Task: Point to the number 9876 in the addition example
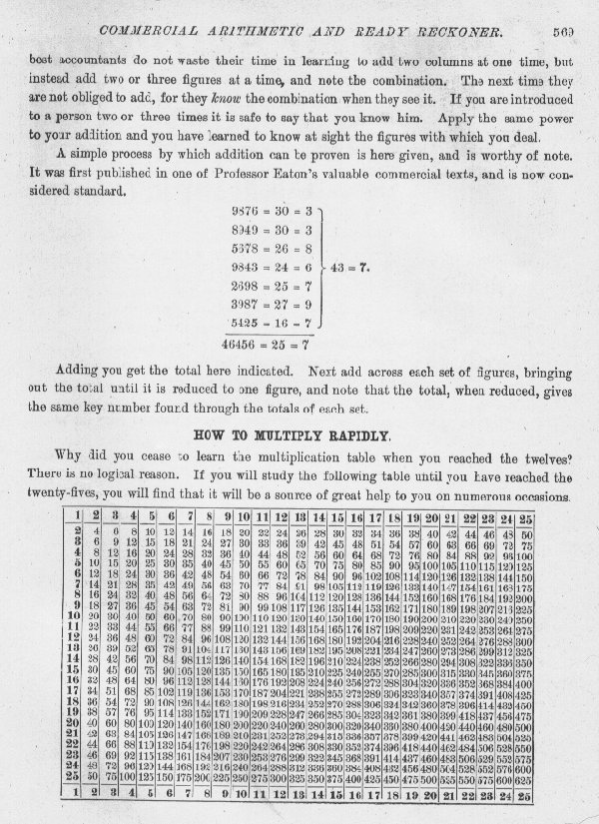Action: [x=245, y=212]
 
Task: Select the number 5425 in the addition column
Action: [x=245, y=323]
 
